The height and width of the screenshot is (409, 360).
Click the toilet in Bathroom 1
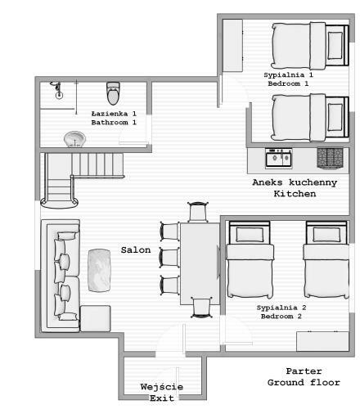tap(113, 93)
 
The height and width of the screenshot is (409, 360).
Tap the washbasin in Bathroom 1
tap(74, 139)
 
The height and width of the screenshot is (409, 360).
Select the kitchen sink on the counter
tap(279, 158)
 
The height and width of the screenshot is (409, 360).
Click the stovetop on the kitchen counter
tap(330, 158)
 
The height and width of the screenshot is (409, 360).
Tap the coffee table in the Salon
tap(99, 270)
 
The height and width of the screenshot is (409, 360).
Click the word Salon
tap(136, 250)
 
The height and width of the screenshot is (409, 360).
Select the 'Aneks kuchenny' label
tap(295, 182)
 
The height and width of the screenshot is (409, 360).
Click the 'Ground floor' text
tap(304, 383)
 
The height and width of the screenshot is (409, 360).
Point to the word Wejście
tap(162, 387)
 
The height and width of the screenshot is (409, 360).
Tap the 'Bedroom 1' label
tap(288, 83)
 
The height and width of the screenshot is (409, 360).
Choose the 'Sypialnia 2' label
tap(281, 308)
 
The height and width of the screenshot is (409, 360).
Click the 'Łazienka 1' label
tap(114, 114)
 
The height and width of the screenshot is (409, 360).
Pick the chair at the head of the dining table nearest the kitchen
tap(198, 212)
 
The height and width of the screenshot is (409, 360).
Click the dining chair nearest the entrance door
tap(201, 308)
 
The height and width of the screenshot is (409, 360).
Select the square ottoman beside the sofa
tap(96, 318)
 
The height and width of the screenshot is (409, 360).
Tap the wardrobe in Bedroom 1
tap(232, 45)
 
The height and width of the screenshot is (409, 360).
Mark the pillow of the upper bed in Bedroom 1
tap(335, 45)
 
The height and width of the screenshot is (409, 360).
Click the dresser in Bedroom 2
tap(323, 341)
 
